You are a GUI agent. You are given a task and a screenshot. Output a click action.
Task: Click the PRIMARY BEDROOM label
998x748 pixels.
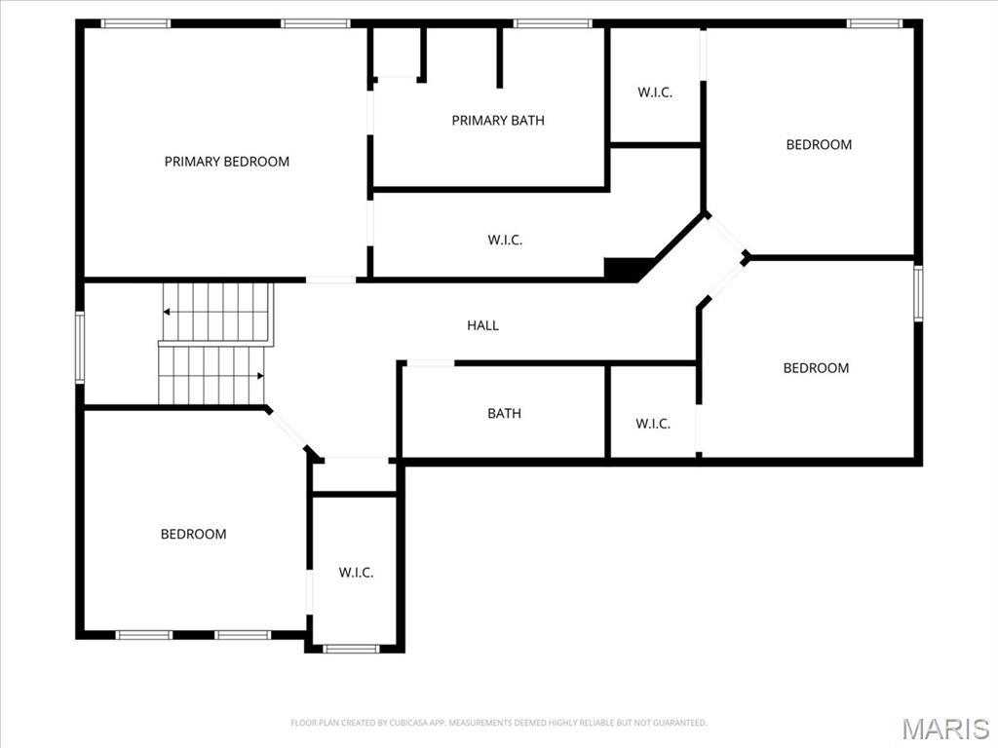click(x=226, y=162)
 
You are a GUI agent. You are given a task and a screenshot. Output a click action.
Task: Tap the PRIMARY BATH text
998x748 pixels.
click(x=497, y=121)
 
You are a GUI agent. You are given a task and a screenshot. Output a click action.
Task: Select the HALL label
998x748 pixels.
click(x=482, y=325)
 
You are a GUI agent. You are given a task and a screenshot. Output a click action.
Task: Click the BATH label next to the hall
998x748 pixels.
click(x=504, y=414)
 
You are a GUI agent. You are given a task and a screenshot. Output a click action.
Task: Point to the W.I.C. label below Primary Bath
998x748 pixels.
click(x=505, y=240)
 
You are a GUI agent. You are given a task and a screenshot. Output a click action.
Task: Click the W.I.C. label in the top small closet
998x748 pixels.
click(x=655, y=93)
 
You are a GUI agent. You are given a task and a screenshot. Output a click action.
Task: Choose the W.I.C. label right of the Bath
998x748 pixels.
click(x=652, y=424)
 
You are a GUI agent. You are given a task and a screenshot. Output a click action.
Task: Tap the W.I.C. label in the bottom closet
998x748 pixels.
click(x=356, y=573)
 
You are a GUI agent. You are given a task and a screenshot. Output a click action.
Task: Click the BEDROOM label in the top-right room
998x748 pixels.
click(x=819, y=145)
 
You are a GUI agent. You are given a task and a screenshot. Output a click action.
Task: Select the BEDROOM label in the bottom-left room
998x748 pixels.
click(x=193, y=534)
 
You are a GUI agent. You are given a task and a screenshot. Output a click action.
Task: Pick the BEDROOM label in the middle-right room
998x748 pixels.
click(x=816, y=368)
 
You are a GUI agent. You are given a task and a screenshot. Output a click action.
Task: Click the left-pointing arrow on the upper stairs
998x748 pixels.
click(x=168, y=312)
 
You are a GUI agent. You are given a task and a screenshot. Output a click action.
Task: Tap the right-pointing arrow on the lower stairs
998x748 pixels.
click(x=259, y=376)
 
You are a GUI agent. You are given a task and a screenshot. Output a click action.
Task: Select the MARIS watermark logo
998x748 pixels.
click(x=944, y=729)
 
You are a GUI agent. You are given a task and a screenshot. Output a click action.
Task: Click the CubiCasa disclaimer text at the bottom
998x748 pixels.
click(x=498, y=723)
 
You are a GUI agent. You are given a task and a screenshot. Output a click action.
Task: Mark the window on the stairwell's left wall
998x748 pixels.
click(x=80, y=346)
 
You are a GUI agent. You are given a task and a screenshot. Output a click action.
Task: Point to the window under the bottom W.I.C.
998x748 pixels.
click(x=351, y=648)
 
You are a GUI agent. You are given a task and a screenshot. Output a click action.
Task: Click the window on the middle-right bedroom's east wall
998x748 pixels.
click(x=918, y=293)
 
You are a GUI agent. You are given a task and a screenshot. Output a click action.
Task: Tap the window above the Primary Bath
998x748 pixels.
click(x=552, y=23)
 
